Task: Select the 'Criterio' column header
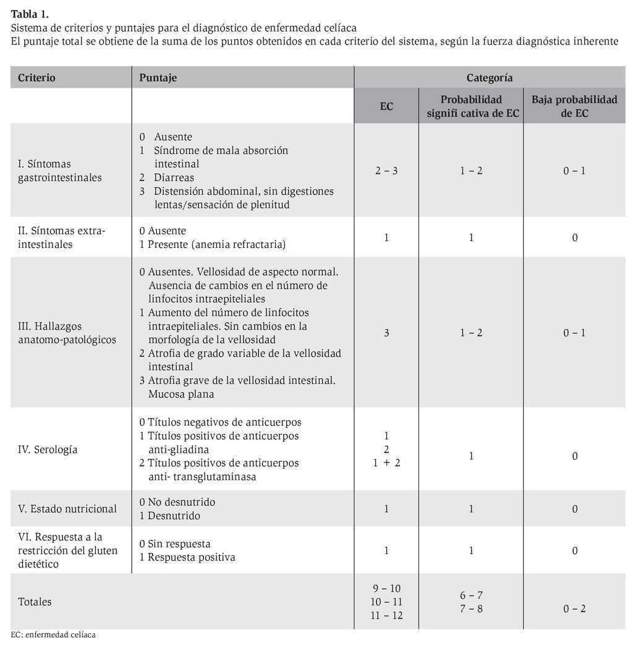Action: pyautogui.click(x=36, y=78)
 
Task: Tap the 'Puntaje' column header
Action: pyautogui.click(x=158, y=78)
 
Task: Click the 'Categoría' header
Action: pyautogui.click(x=489, y=78)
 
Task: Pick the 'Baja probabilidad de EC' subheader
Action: pyautogui.click(x=574, y=106)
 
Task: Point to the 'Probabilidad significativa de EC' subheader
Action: pyautogui.click(x=471, y=106)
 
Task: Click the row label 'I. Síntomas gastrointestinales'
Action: pyautogui.click(x=59, y=171)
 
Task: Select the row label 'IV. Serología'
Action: pyautogui.click(x=48, y=450)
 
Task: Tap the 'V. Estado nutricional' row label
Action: pyautogui.click(x=67, y=509)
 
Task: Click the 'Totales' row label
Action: pyautogui.click(x=35, y=602)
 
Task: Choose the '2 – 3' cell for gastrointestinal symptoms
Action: pyautogui.click(x=386, y=171)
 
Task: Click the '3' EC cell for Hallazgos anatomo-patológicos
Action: pyautogui.click(x=386, y=333)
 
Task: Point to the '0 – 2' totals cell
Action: pyautogui.click(x=574, y=609)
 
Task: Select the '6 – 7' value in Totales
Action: pyautogui.click(x=471, y=595)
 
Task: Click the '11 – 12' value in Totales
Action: pyautogui.click(x=386, y=615)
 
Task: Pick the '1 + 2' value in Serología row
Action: pyautogui.click(x=386, y=463)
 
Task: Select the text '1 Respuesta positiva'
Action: pyautogui.click(x=187, y=557)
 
